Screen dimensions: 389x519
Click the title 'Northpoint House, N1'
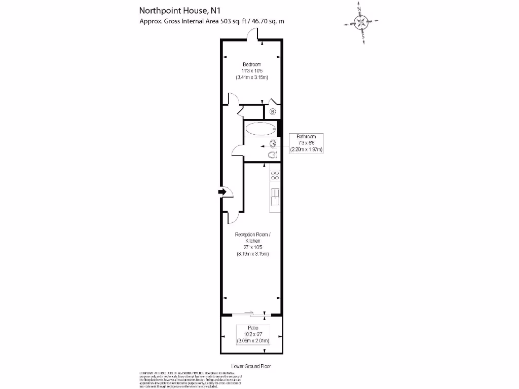pyautogui.click(x=173, y=11)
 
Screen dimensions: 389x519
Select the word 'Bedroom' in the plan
pyautogui.click(x=251, y=64)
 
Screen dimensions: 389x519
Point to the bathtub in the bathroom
pyautogui.click(x=260, y=129)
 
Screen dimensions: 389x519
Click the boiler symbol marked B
pyautogui.click(x=272, y=112)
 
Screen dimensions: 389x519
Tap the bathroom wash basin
pyautogui.click(x=274, y=143)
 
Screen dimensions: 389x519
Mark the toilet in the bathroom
pyautogui.click(x=273, y=155)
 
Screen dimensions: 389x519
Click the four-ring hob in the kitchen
pyautogui.click(x=275, y=176)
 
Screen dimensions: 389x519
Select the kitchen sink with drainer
pyautogui.click(x=275, y=196)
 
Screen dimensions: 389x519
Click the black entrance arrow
pyautogui.click(x=221, y=192)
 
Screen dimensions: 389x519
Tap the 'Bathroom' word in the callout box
pyautogui.click(x=306, y=137)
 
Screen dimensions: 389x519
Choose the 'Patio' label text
pyautogui.click(x=252, y=327)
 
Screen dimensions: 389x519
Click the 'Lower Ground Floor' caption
pyautogui.click(x=251, y=366)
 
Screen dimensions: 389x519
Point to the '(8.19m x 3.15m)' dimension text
pyautogui.click(x=252, y=254)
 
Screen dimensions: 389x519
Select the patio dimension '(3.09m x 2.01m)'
pyautogui.click(x=252, y=341)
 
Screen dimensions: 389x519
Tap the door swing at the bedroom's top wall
pyautogui.click(x=252, y=33)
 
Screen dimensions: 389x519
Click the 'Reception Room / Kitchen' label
pyautogui.click(x=252, y=238)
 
